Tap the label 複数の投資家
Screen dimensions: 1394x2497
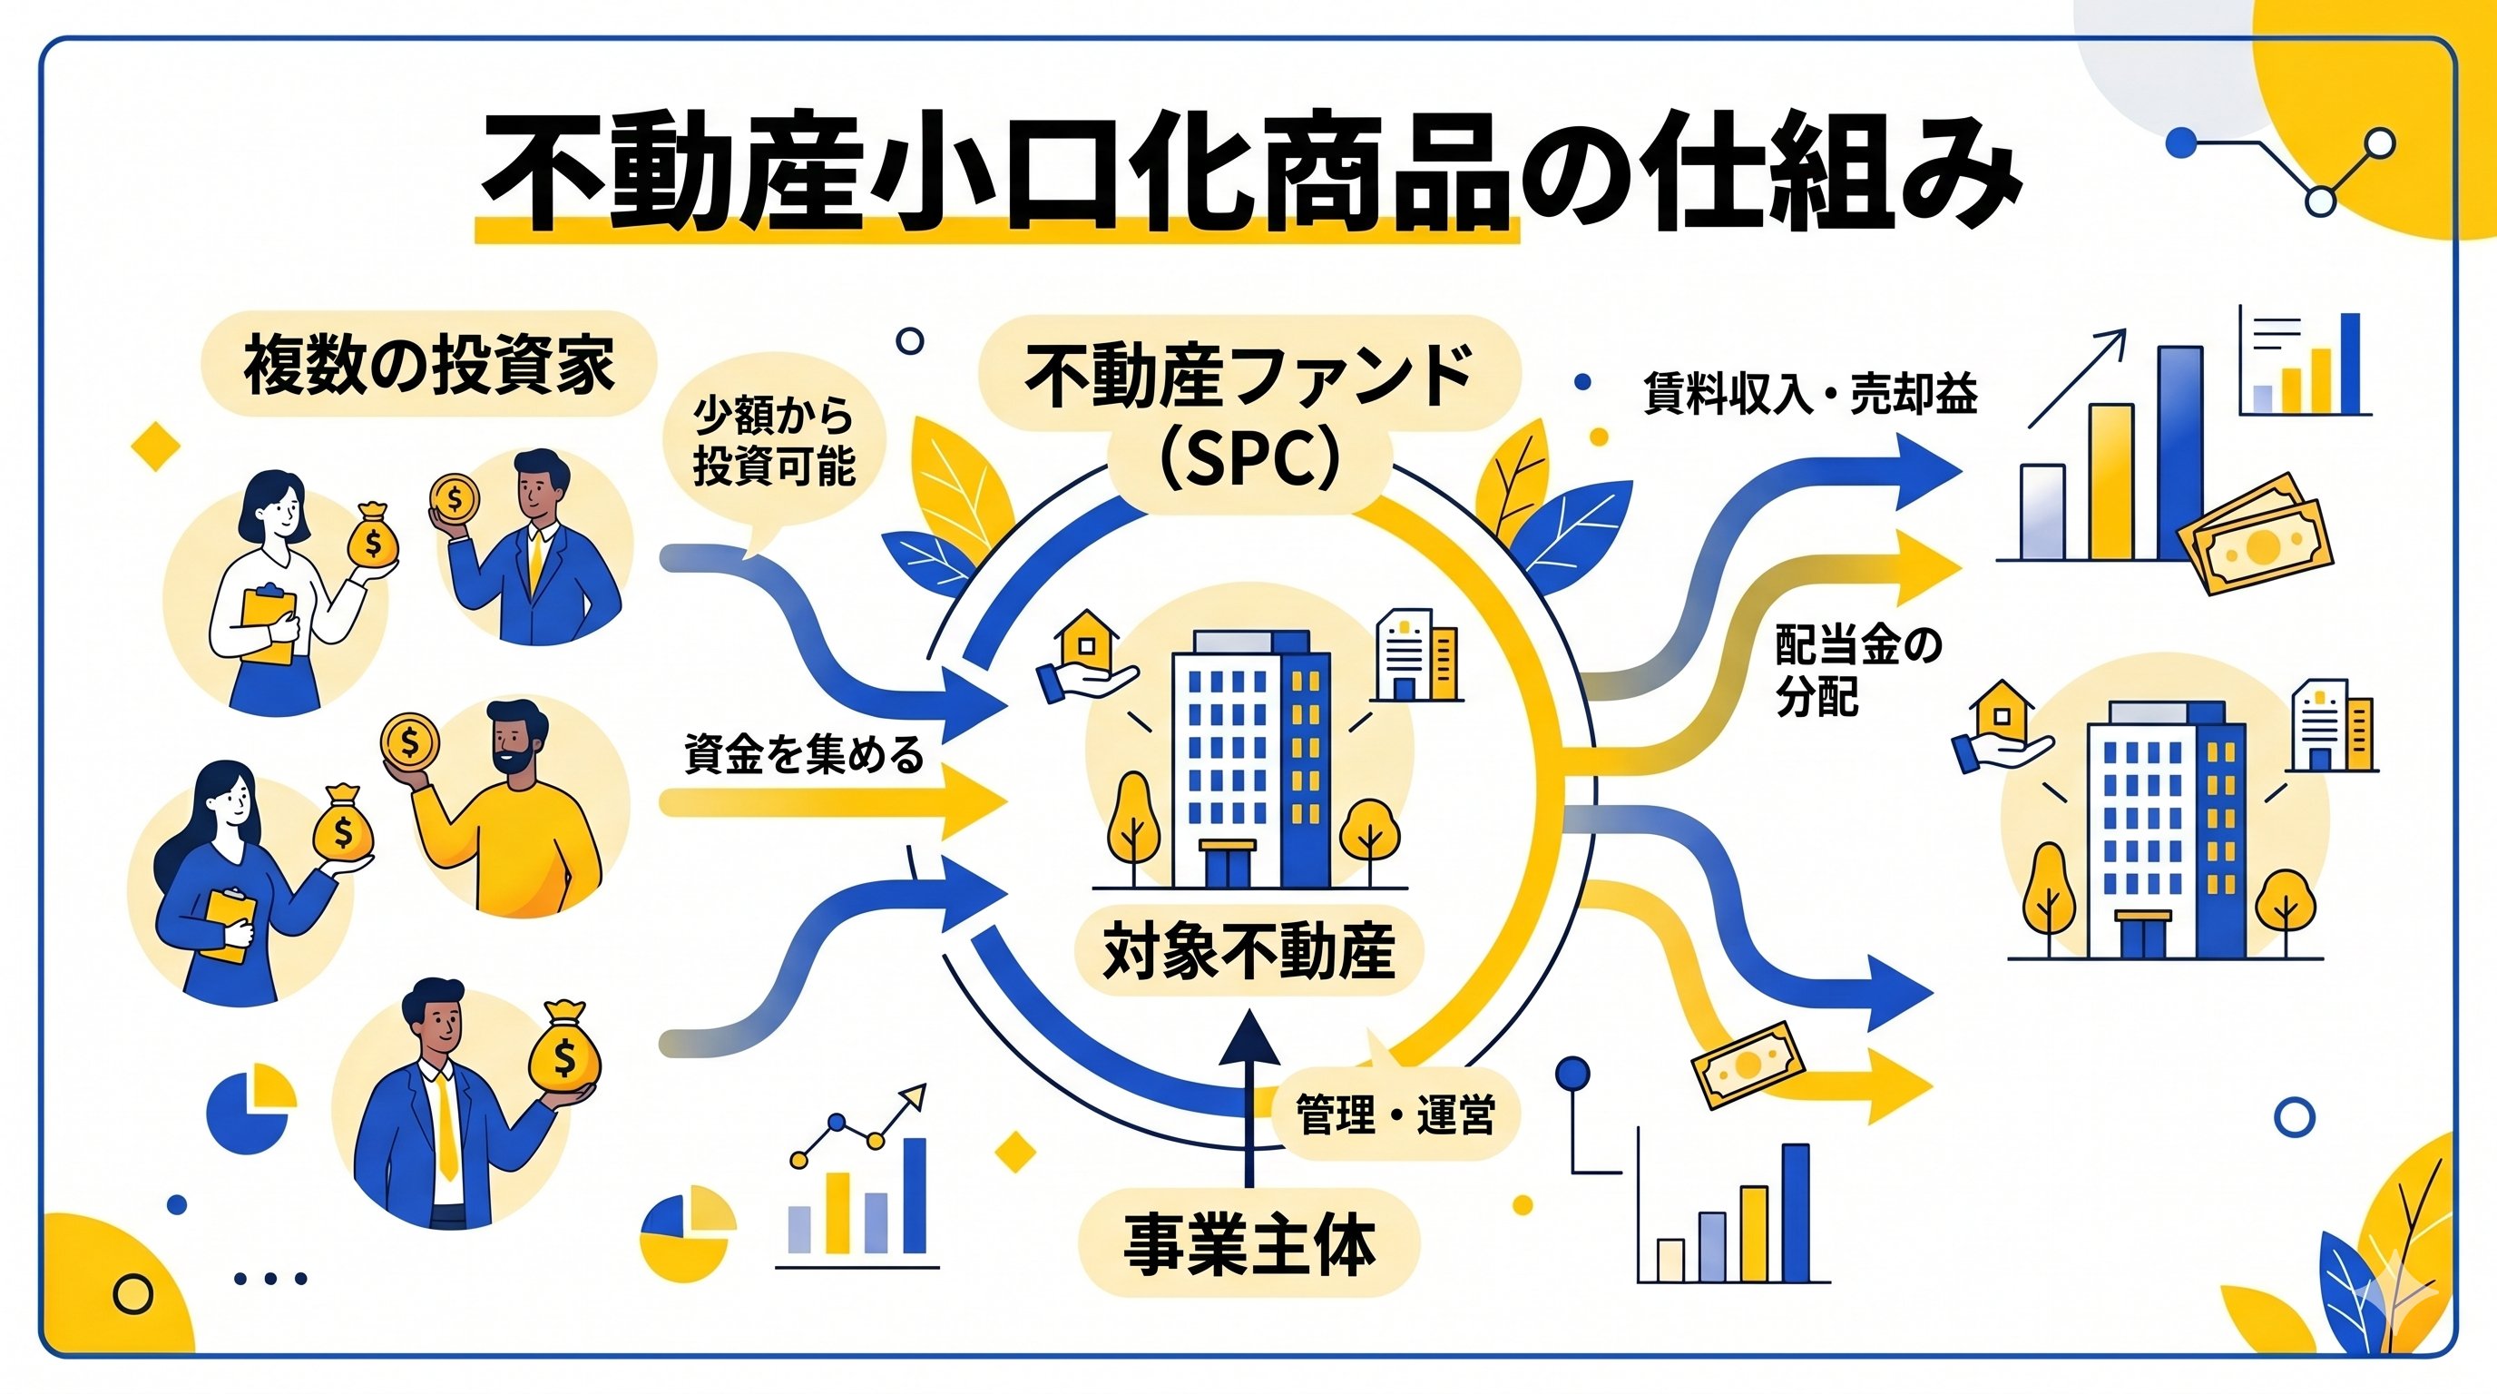(x=428, y=366)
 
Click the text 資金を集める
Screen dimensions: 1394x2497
(x=804, y=755)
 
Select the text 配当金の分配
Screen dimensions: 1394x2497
(x=1856, y=670)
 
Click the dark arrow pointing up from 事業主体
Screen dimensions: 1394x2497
(x=1248, y=1095)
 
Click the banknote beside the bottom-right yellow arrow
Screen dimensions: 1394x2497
(x=1748, y=1065)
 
